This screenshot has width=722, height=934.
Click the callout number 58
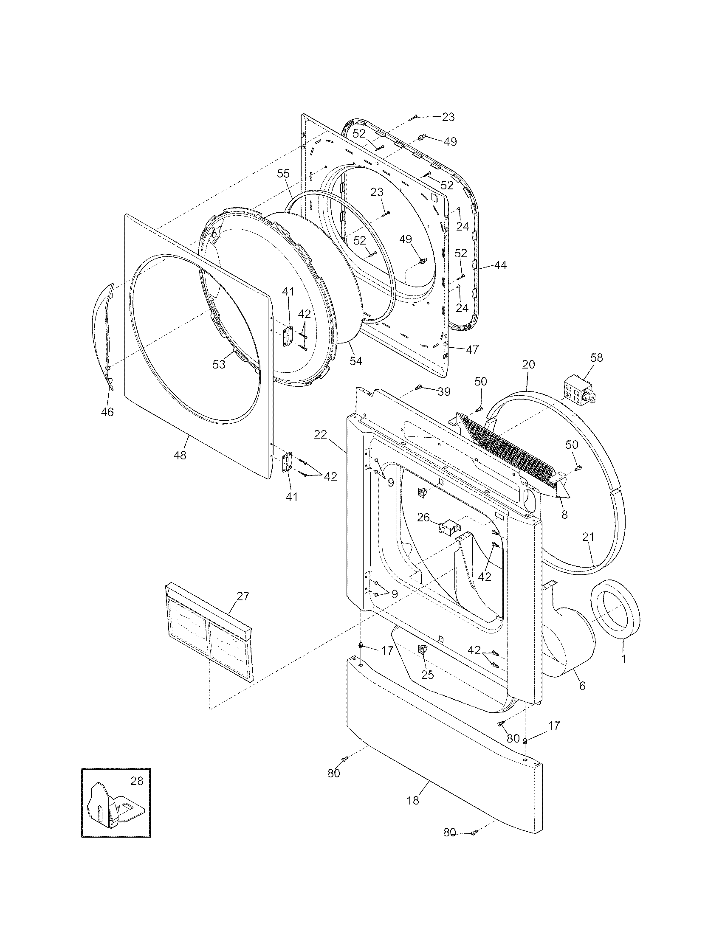point(596,357)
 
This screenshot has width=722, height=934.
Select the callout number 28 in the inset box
point(137,781)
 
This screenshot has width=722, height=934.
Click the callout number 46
point(107,412)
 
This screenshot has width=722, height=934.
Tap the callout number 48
point(180,456)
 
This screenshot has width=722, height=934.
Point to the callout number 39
point(444,392)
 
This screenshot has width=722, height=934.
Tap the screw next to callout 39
point(418,387)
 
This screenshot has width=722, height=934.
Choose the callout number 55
point(283,174)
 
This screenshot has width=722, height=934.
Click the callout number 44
point(500,265)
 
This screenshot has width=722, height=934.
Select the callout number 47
point(473,349)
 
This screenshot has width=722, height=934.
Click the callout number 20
point(529,364)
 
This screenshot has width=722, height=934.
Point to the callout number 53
point(219,365)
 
